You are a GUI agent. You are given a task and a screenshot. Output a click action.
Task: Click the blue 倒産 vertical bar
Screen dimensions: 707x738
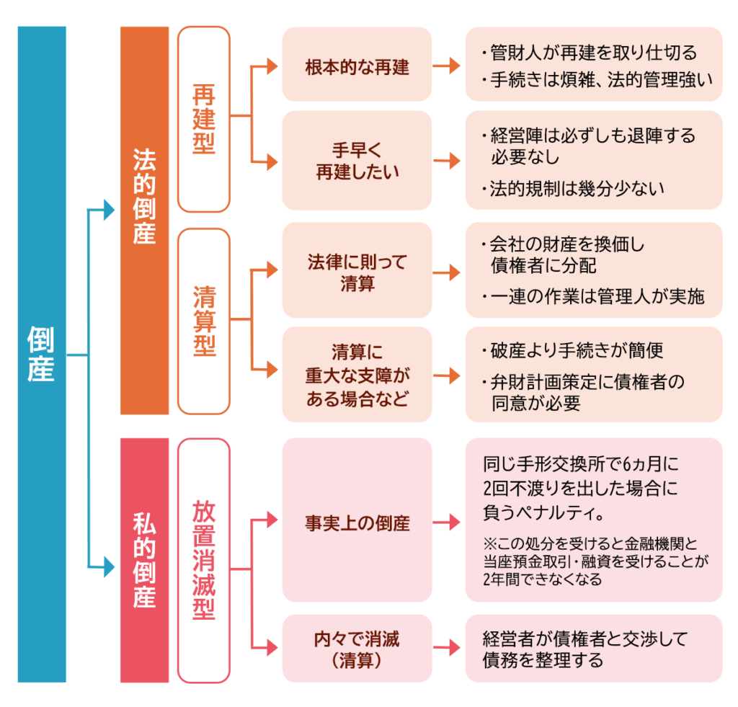click(41, 354)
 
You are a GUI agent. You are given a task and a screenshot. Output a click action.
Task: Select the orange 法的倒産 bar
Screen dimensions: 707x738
click(144, 220)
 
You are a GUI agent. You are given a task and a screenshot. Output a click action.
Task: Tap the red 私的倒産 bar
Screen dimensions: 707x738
click(144, 560)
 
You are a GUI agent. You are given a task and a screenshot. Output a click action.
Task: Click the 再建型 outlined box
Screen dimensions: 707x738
click(204, 119)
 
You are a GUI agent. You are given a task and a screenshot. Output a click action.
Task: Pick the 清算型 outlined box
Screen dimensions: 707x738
click(204, 321)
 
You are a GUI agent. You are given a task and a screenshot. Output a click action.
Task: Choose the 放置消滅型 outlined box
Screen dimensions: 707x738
click(204, 560)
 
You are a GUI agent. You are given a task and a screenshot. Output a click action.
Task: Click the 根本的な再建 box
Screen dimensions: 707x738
click(357, 66)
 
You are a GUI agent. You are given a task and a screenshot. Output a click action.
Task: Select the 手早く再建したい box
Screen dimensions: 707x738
click(357, 161)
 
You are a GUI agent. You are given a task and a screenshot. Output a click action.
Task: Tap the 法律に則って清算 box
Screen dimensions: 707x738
click(357, 271)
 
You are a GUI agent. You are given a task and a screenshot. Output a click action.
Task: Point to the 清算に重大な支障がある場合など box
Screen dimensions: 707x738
click(357, 375)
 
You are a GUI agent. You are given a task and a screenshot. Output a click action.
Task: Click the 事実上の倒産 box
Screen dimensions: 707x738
click(357, 523)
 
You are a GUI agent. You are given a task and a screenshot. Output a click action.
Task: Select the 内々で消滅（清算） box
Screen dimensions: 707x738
click(357, 648)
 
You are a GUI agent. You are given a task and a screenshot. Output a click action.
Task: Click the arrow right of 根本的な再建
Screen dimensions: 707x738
click(448, 66)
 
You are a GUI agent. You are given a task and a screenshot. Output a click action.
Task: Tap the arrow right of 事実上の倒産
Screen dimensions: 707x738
click(448, 523)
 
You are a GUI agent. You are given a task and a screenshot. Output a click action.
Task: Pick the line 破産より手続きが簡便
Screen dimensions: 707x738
click(572, 351)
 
